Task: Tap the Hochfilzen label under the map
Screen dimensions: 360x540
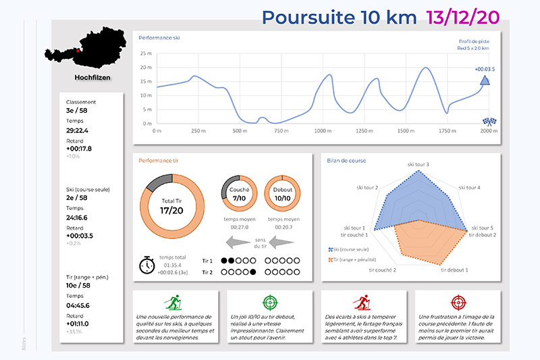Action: tap(92, 77)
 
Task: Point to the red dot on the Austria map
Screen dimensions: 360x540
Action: tap(78, 49)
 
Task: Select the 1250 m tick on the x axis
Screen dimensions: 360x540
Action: tap(364, 131)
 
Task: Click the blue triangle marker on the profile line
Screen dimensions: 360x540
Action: tap(485, 82)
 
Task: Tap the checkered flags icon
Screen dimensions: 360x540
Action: tap(489, 122)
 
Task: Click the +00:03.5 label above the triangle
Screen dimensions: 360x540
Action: tap(485, 69)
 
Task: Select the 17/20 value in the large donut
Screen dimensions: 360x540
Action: tap(171, 210)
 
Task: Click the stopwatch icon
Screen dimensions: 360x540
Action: tap(147, 265)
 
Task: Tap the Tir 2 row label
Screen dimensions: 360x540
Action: tap(207, 273)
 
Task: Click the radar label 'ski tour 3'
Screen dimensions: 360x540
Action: tap(418, 164)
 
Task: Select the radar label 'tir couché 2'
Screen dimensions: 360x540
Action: tap(382, 269)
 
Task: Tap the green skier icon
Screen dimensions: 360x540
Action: tap(174, 302)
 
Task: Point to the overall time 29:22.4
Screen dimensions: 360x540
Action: tap(78, 130)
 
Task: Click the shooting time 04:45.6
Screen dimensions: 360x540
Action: tap(78, 305)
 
